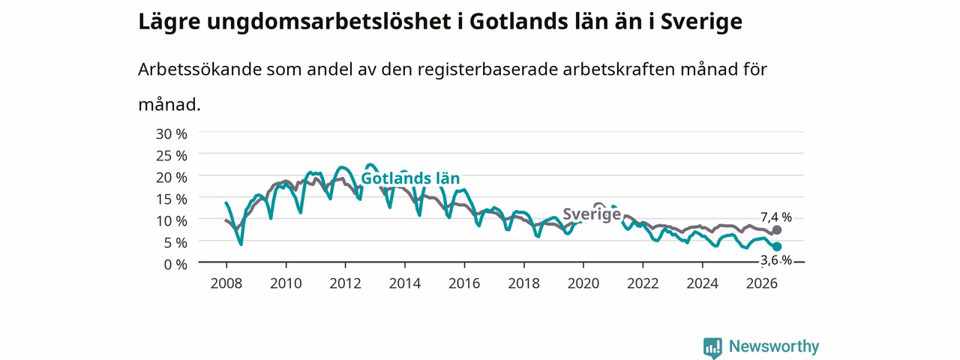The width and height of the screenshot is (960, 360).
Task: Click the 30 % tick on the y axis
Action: click(x=172, y=134)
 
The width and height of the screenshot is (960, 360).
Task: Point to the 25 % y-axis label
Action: click(x=172, y=156)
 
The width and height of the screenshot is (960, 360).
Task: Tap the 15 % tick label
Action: click(x=172, y=199)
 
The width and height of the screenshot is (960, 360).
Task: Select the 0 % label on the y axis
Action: click(x=175, y=265)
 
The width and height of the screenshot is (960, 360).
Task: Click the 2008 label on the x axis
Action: click(x=226, y=283)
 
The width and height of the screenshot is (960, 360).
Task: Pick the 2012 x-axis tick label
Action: click(x=346, y=283)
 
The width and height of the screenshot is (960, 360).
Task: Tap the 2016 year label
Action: click(x=464, y=283)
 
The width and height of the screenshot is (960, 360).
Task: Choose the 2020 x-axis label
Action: click(x=583, y=283)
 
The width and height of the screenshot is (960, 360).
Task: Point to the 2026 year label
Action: click(x=762, y=283)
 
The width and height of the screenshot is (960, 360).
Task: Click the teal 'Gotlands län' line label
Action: click(x=410, y=178)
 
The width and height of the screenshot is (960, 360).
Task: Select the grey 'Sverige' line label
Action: click(x=592, y=214)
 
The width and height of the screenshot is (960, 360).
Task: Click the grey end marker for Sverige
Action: click(x=776, y=230)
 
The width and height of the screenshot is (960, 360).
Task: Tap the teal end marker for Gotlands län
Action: click(x=776, y=247)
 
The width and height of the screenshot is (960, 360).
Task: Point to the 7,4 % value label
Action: click(x=776, y=217)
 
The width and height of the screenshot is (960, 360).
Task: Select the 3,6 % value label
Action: click(x=776, y=260)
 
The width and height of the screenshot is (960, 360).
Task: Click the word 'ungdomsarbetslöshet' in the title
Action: click(x=329, y=22)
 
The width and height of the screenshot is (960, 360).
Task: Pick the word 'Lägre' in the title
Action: click(x=169, y=22)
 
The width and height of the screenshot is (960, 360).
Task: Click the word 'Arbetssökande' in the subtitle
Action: click(x=199, y=70)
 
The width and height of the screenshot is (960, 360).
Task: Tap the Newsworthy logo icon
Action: click(x=712, y=347)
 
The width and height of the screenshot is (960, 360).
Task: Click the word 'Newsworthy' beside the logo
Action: click(x=774, y=346)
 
